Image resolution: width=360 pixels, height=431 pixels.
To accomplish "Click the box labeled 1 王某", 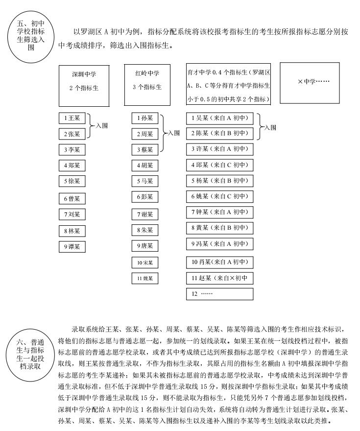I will click(x=72, y=118).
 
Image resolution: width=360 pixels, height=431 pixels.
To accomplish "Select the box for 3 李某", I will click(x=72, y=149).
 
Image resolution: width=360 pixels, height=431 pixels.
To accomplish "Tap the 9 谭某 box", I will click(x=72, y=246).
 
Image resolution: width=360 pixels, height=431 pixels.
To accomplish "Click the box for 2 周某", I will click(x=144, y=134).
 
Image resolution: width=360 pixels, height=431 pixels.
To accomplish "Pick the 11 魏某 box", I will click(x=144, y=278).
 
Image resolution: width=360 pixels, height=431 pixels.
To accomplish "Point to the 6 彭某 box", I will click(x=144, y=197).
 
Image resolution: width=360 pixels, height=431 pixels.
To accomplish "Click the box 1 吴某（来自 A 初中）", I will click(x=219, y=118).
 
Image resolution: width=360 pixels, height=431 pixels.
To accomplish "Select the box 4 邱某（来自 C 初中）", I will click(x=219, y=165).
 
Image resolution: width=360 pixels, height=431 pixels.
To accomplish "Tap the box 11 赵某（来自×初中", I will click(x=219, y=278).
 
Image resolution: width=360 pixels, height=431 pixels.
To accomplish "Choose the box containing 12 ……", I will click(x=219, y=294).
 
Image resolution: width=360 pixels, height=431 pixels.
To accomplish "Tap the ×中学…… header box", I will click(x=313, y=83).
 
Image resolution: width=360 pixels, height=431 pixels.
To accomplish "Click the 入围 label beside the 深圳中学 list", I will click(x=101, y=126).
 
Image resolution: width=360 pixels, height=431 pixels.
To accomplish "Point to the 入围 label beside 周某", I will click(x=173, y=133).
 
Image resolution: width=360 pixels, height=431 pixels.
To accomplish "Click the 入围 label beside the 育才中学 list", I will click(x=270, y=127).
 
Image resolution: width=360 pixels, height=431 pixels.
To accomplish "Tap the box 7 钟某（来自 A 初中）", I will click(x=219, y=212).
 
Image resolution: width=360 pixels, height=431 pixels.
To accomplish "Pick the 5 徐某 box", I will click(x=72, y=181).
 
